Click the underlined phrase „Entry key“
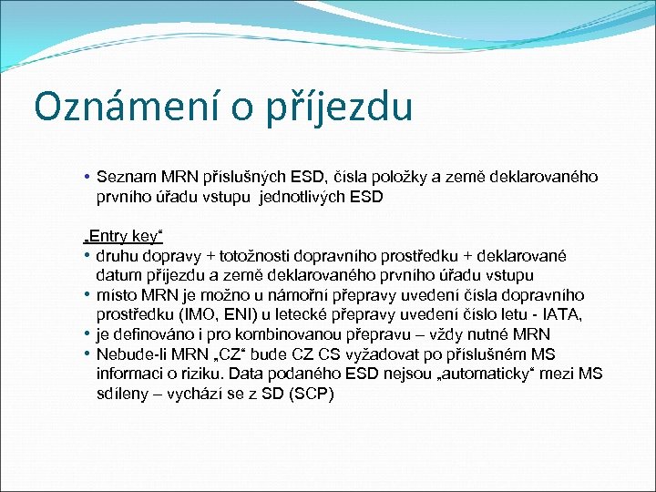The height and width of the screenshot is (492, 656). [123, 236]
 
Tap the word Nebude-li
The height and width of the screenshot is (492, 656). [128, 354]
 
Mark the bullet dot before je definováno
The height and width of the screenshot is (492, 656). [87, 334]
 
